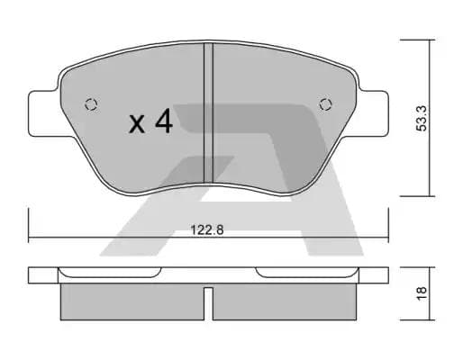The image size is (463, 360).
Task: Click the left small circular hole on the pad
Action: [89, 103]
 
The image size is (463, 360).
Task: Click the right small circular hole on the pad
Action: [327, 103]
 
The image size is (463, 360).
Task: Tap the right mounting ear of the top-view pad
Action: [373, 112]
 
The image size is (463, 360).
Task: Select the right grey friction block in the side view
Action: [286, 302]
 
